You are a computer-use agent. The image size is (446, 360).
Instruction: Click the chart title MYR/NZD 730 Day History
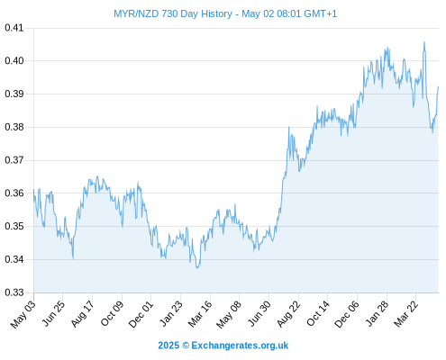(x=173, y=13)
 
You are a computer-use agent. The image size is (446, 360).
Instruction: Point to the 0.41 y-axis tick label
(x=14, y=28)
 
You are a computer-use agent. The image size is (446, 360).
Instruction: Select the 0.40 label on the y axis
(x=14, y=61)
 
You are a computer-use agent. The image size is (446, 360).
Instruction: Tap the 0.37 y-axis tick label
(x=14, y=160)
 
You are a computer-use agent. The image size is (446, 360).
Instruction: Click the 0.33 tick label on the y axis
(x=14, y=292)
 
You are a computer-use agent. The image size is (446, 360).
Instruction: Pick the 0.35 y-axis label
(x=14, y=226)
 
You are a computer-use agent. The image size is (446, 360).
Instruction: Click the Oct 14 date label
(x=318, y=314)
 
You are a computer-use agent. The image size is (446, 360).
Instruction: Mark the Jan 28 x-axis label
(x=377, y=314)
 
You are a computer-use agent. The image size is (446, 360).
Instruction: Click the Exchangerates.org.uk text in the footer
(x=240, y=346)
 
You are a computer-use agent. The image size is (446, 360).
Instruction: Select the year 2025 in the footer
(x=168, y=346)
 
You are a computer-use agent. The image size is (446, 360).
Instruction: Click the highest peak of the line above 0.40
(x=424, y=42)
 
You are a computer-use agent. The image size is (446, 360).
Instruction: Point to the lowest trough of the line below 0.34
(x=197, y=267)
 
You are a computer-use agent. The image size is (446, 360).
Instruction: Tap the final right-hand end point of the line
(x=438, y=86)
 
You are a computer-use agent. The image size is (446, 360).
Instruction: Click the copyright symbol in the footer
(x=186, y=346)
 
